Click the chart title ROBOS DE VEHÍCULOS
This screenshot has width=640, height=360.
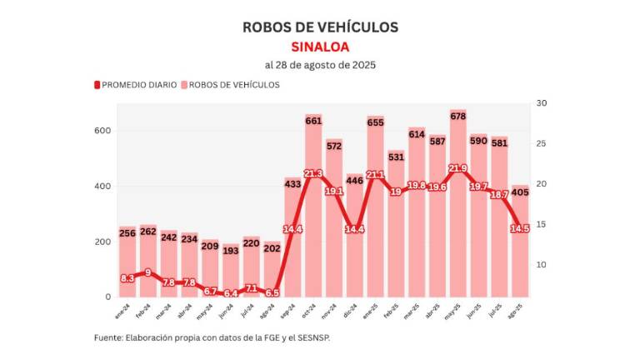(320, 27)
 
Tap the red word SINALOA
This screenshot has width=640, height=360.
(320, 46)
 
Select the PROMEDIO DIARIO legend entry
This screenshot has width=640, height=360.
(135, 85)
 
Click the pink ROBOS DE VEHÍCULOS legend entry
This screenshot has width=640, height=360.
(231, 85)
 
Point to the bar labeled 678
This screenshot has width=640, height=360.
(457, 208)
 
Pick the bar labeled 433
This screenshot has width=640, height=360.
(292, 242)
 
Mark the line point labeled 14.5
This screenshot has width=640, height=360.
(519, 228)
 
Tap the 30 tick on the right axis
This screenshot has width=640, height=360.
(541, 103)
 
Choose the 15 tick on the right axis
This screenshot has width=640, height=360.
(541, 224)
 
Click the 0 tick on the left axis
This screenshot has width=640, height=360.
(107, 297)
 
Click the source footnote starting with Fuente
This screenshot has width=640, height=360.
(217, 338)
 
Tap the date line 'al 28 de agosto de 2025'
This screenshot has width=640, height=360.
(320, 65)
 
